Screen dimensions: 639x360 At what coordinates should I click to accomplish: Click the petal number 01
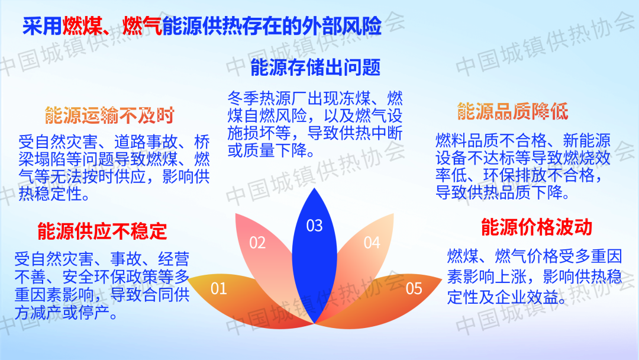pyautogui.click(x=219, y=289)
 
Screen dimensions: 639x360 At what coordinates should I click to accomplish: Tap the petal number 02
pyautogui.click(x=257, y=243)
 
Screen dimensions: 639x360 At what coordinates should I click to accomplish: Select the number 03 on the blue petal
pyautogui.click(x=315, y=226)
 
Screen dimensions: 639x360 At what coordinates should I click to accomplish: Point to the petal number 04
pyautogui.click(x=372, y=243)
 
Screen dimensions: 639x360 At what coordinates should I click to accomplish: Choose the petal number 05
pyautogui.click(x=414, y=289)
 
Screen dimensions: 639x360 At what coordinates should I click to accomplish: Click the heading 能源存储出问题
pyautogui.click(x=315, y=67)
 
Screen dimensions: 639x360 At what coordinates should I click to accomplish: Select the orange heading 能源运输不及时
pyautogui.click(x=109, y=115)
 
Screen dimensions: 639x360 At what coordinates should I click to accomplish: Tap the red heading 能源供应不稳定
pyautogui.click(x=102, y=231)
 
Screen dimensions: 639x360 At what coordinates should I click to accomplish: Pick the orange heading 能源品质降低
pyautogui.click(x=512, y=111)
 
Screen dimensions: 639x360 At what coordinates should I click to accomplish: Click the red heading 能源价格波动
pyautogui.click(x=537, y=227)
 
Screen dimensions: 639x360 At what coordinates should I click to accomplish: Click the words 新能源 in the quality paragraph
pyautogui.click(x=587, y=141)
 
